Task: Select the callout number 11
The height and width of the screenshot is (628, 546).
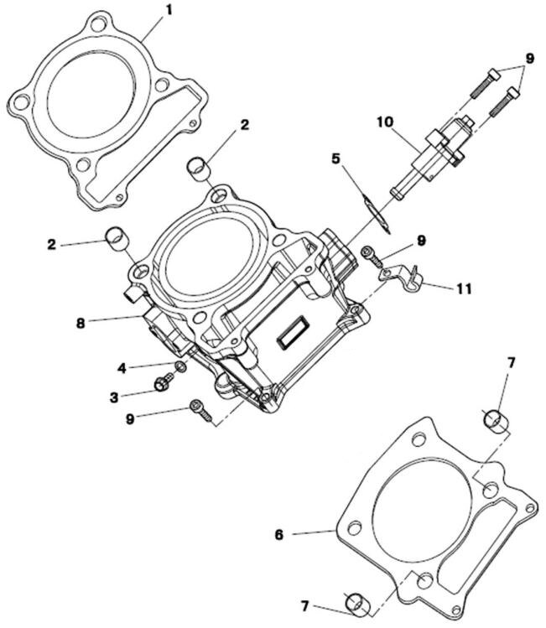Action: coord(463,288)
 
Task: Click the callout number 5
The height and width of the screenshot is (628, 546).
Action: coord(335,157)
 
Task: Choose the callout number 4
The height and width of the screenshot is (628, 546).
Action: coord(122,366)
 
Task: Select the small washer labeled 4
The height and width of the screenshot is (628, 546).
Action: coord(179,368)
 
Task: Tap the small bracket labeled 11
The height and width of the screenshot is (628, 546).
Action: coord(403,276)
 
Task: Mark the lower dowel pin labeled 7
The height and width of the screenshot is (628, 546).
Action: coord(357,602)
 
